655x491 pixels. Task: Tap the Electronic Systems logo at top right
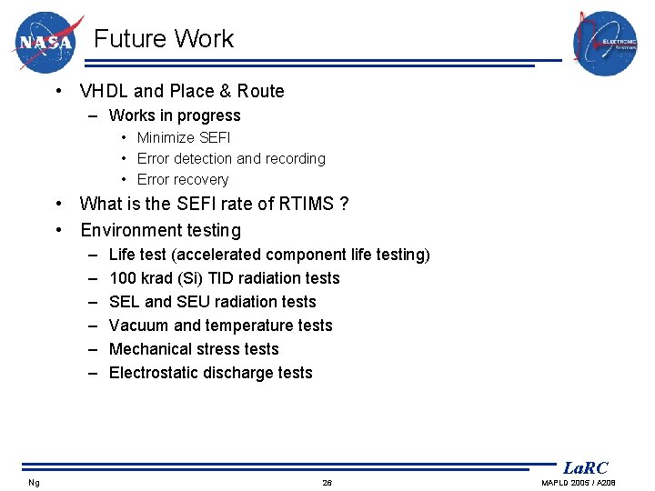(x=605, y=43)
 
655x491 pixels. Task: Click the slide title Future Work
(x=164, y=39)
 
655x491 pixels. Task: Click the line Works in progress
(x=175, y=115)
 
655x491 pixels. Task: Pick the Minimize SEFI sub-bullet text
(x=184, y=137)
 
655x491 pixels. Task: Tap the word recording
(x=296, y=158)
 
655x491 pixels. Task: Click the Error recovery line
(x=183, y=179)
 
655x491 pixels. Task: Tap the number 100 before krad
(x=121, y=278)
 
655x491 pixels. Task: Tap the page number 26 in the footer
(x=327, y=482)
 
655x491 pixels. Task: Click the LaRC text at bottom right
(x=585, y=468)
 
